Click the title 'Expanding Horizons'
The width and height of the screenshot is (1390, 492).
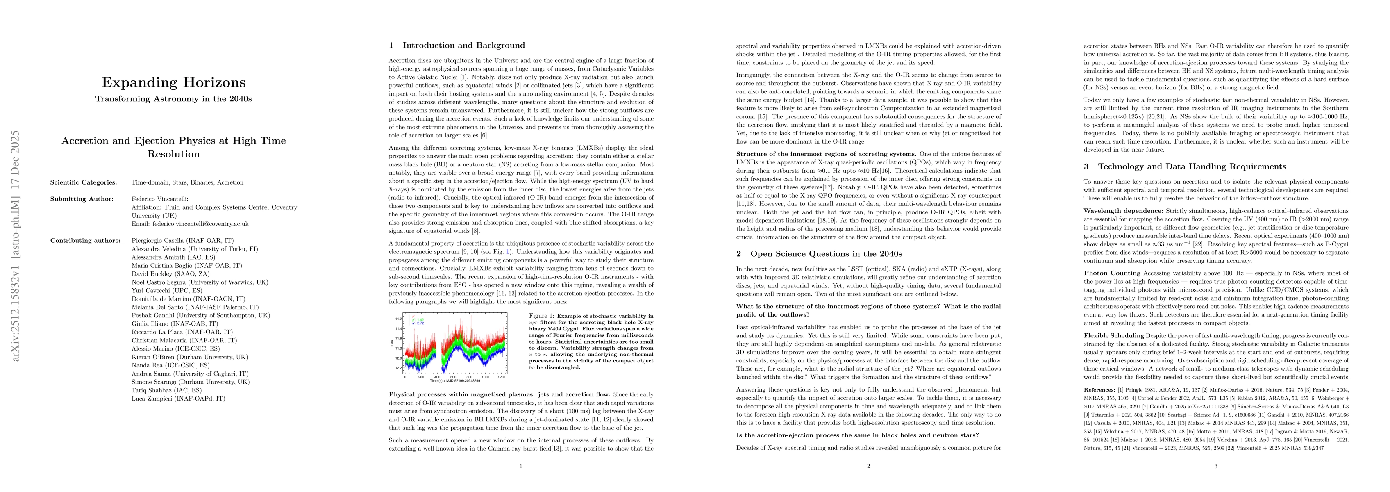coord(173,83)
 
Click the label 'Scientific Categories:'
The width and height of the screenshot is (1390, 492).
coord(84,182)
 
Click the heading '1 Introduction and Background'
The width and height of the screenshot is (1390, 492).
coord(457,46)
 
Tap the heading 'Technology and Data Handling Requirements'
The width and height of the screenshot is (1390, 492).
coord(1184,166)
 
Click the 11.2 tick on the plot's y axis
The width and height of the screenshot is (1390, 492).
coord(398,319)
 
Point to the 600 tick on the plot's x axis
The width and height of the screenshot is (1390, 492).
coord(453,378)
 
